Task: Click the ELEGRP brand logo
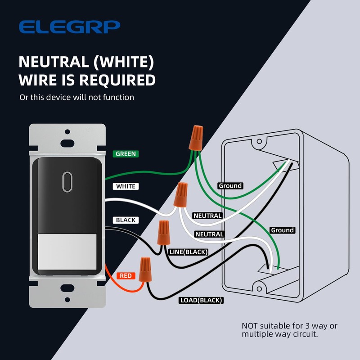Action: (69, 27)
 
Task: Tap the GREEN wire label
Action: (126, 153)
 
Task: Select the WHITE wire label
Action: (126, 186)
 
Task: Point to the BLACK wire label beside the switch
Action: (126, 220)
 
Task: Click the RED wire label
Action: (126, 275)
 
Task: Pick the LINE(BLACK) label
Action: (188, 252)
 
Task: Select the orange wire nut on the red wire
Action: (145, 269)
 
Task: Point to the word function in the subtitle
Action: (118, 97)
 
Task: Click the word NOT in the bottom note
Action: (250, 325)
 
